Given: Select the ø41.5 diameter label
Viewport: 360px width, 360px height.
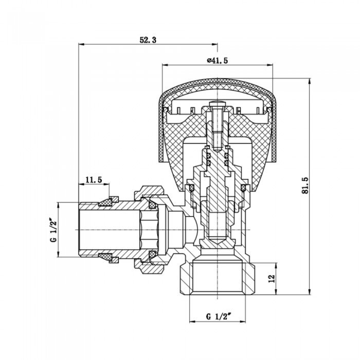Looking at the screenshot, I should pos(217,60).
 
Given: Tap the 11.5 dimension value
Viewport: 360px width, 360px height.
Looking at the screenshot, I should pos(94,179).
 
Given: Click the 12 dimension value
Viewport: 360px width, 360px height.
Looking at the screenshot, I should pos(271,278).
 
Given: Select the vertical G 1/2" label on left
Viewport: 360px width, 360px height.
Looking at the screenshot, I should pos(53,230).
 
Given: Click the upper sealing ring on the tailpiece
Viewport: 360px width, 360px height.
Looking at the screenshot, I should pos(108,201).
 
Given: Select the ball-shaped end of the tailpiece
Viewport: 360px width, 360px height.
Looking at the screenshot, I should pos(190,229).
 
